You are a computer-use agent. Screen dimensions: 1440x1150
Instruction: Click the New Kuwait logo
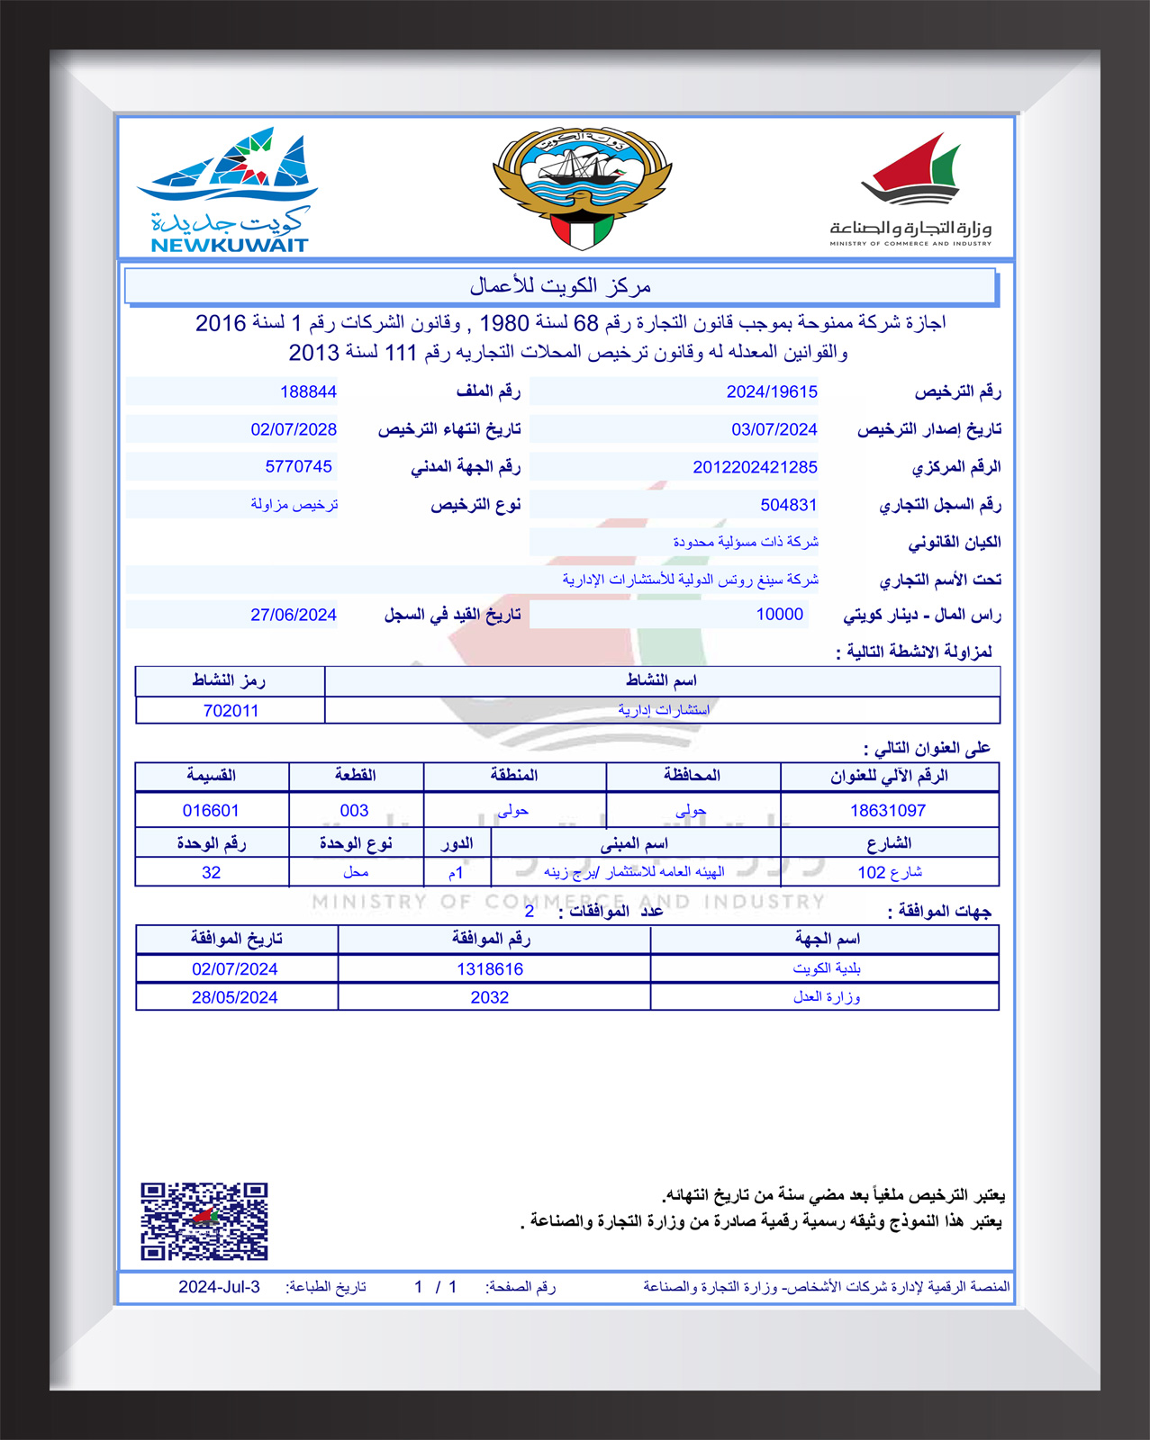(229, 191)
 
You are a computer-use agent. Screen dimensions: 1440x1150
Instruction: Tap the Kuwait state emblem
(583, 188)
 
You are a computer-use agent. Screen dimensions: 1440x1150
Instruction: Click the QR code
(204, 1221)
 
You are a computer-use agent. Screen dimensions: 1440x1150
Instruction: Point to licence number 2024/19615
(772, 391)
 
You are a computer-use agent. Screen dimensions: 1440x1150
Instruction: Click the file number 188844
(308, 391)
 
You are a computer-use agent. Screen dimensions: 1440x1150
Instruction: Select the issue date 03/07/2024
(774, 429)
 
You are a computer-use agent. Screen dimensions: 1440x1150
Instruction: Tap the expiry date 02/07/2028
(294, 429)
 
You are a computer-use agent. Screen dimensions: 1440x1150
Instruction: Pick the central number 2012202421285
(755, 467)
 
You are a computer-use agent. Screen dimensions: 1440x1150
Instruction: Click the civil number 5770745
(298, 466)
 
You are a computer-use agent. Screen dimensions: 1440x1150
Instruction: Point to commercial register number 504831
(788, 505)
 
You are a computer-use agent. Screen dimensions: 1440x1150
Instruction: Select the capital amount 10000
(779, 614)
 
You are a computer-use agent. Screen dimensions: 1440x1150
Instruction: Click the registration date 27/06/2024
(293, 615)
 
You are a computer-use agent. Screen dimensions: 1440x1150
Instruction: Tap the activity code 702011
(231, 710)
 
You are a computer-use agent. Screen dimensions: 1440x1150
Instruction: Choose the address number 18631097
(887, 810)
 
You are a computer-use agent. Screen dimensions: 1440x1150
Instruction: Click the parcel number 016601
(211, 810)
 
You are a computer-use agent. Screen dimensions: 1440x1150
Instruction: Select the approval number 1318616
(489, 968)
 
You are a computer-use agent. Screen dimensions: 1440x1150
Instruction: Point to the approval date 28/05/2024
(234, 997)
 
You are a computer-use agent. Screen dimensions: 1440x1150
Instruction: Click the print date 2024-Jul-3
(219, 1286)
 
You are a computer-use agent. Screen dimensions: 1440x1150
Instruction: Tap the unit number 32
(211, 872)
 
